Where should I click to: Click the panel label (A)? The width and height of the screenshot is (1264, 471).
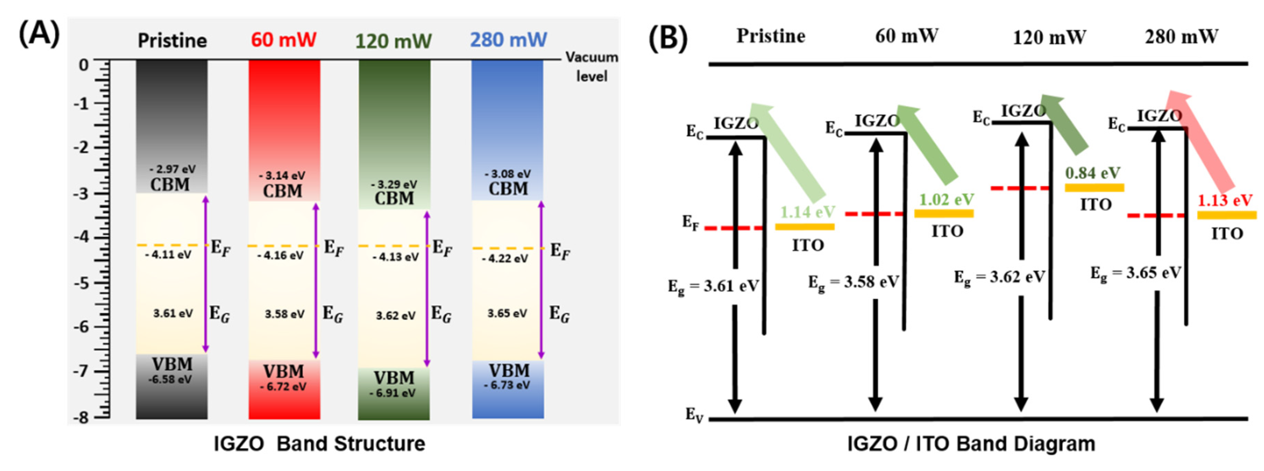click(x=39, y=34)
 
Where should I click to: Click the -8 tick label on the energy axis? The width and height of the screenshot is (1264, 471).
click(x=82, y=418)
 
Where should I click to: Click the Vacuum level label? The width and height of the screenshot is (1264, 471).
click(x=591, y=66)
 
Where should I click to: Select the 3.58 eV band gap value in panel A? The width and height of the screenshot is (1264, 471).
click(x=285, y=313)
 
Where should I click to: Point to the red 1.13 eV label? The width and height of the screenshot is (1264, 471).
click(x=1225, y=200)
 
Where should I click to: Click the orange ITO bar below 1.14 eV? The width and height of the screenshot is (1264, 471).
click(x=805, y=227)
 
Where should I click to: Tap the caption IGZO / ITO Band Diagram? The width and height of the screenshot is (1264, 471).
click(x=971, y=443)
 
